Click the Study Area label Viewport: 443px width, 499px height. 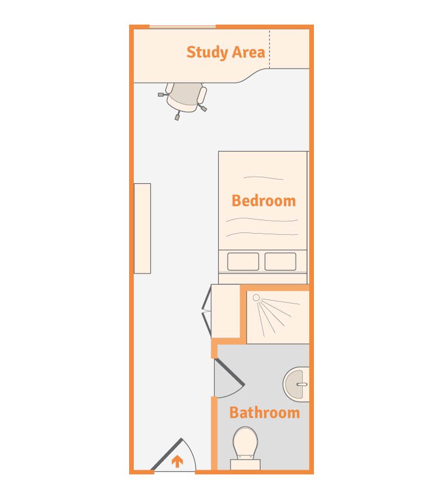(x=225, y=52)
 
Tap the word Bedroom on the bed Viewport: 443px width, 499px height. (x=263, y=201)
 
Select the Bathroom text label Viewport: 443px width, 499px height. (x=264, y=413)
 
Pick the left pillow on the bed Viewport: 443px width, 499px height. (x=243, y=261)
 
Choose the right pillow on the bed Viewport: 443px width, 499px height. (x=280, y=261)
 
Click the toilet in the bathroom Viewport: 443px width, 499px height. (x=245, y=444)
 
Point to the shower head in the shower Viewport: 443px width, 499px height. (x=256, y=298)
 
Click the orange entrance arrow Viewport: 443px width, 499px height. (x=177, y=462)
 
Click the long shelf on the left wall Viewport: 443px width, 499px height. (x=142, y=228)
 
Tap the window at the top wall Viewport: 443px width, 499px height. (x=182, y=27)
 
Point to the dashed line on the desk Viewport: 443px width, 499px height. (x=270, y=49)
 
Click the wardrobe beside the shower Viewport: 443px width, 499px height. (x=226, y=311)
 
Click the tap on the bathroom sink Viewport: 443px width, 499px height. (x=302, y=385)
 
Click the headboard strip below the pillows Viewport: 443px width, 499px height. (x=262, y=278)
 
